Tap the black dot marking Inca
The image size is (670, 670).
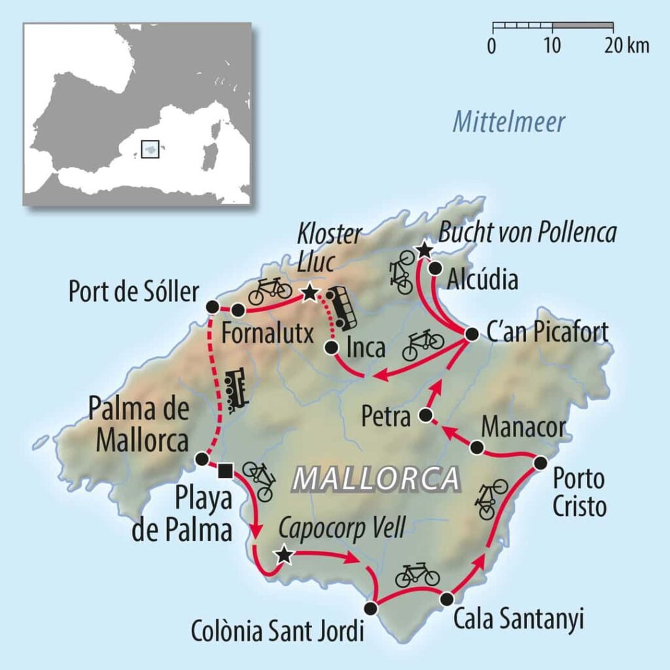(332, 347)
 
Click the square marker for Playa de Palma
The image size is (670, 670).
(224, 468)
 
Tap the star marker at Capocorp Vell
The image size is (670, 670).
(283, 555)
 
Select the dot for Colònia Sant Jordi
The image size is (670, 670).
(371, 608)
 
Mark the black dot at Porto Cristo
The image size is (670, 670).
(540, 463)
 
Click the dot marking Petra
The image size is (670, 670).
(425, 415)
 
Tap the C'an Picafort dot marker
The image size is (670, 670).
(471, 334)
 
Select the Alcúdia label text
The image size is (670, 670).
(483, 279)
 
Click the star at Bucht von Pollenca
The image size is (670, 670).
(424, 249)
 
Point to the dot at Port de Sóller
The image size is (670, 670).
(211, 306)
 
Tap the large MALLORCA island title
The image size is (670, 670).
(376, 479)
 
